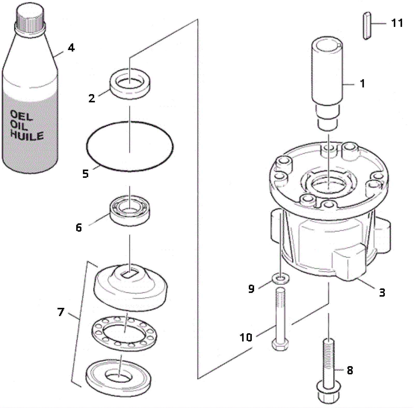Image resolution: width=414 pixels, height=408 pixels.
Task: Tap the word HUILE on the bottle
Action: click(x=27, y=136)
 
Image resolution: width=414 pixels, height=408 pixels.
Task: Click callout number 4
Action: click(x=71, y=48)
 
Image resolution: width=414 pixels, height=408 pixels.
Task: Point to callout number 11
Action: click(x=397, y=23)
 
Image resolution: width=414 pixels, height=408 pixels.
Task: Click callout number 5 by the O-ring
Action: click(x=85, y=174)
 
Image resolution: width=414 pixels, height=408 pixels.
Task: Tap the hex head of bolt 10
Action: click(x=280, y=345)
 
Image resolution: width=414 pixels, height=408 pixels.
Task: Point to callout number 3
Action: click(x=382, y=293)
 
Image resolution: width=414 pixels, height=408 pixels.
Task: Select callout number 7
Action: click(x=61, y=312)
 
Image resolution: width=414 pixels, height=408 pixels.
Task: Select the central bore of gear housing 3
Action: click(x=328, y=184)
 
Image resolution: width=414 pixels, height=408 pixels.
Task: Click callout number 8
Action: click(x=350, y=370)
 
